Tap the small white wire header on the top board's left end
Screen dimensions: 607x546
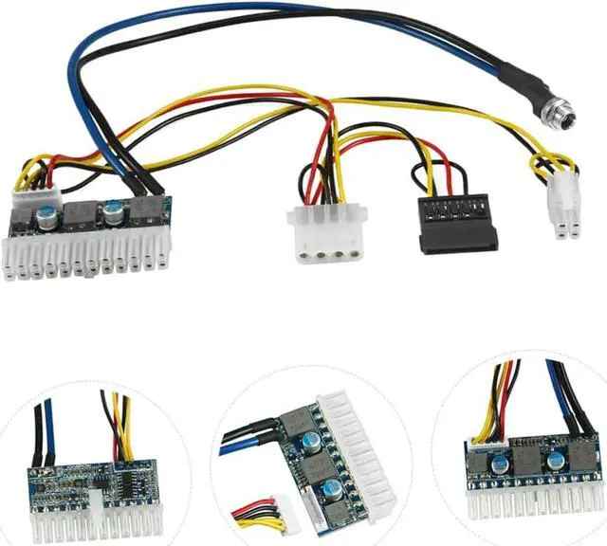click(34, 198)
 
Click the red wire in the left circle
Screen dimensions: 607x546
click(117, 431)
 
